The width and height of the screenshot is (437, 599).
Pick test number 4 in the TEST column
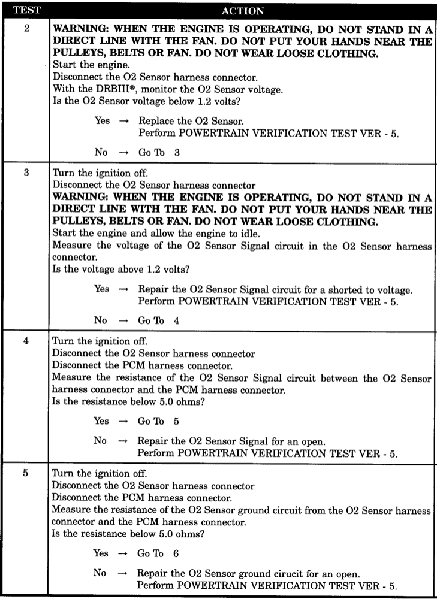tap(26, 340)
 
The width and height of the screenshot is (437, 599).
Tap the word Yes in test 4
tap(102, 421)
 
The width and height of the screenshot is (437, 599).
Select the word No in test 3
tap(101, 320)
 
